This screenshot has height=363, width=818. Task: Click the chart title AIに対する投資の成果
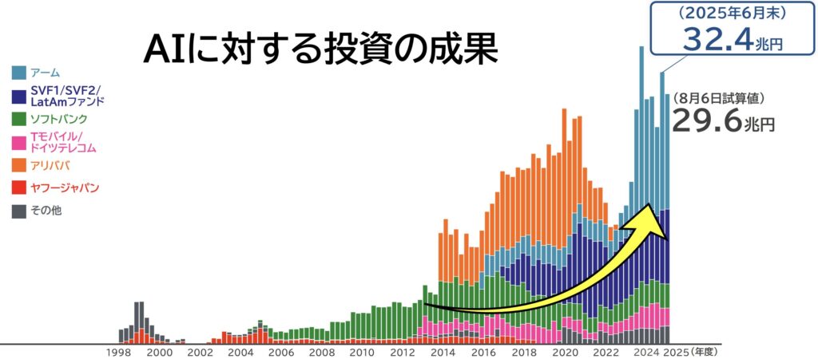pos(320,49)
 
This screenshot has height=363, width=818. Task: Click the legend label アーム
pos(45,73)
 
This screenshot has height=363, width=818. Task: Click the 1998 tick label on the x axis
pos(119,352)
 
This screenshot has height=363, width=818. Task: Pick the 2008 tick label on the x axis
pos(322,352)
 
